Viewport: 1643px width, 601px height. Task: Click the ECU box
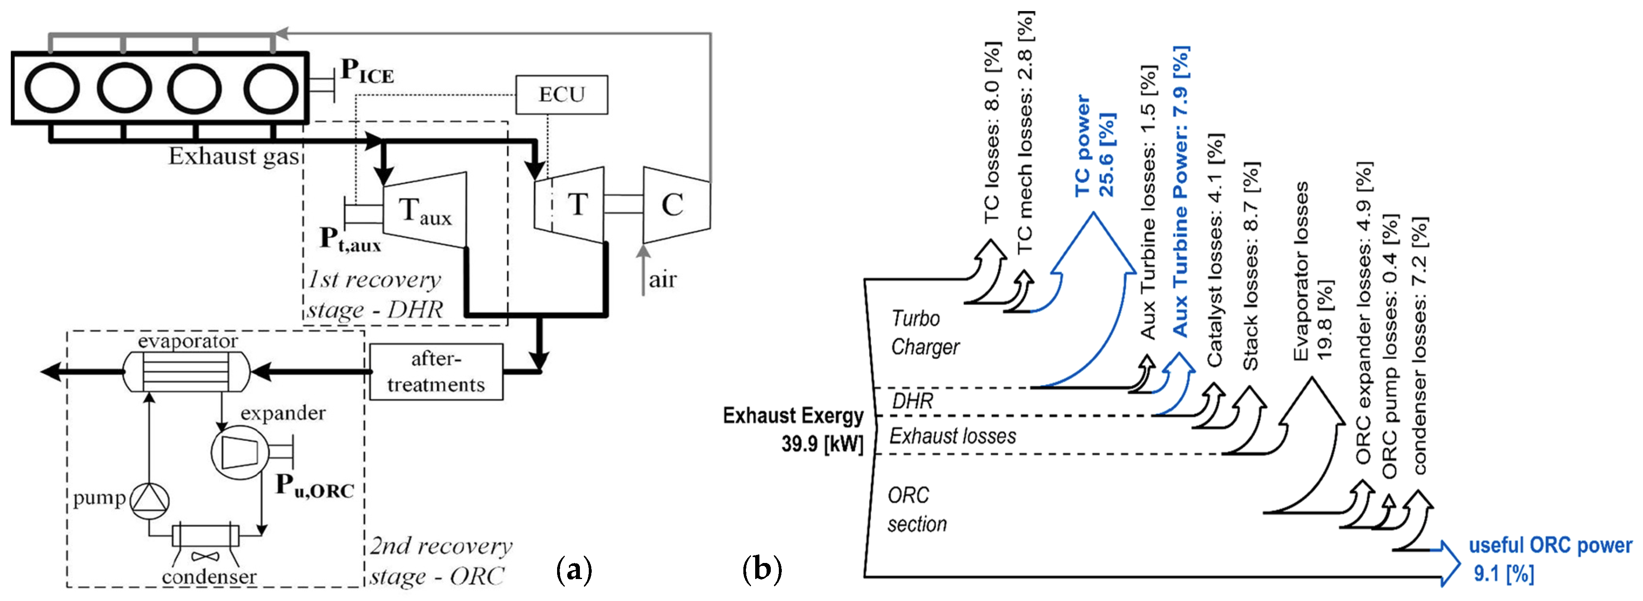tap(561, 94)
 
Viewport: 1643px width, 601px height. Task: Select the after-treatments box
tap(436, 372)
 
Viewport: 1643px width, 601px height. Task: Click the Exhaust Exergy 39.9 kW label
tap(794, 429)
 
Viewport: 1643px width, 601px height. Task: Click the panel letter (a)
tap(574, 568)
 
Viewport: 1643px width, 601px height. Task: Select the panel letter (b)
tap(762, 568)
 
